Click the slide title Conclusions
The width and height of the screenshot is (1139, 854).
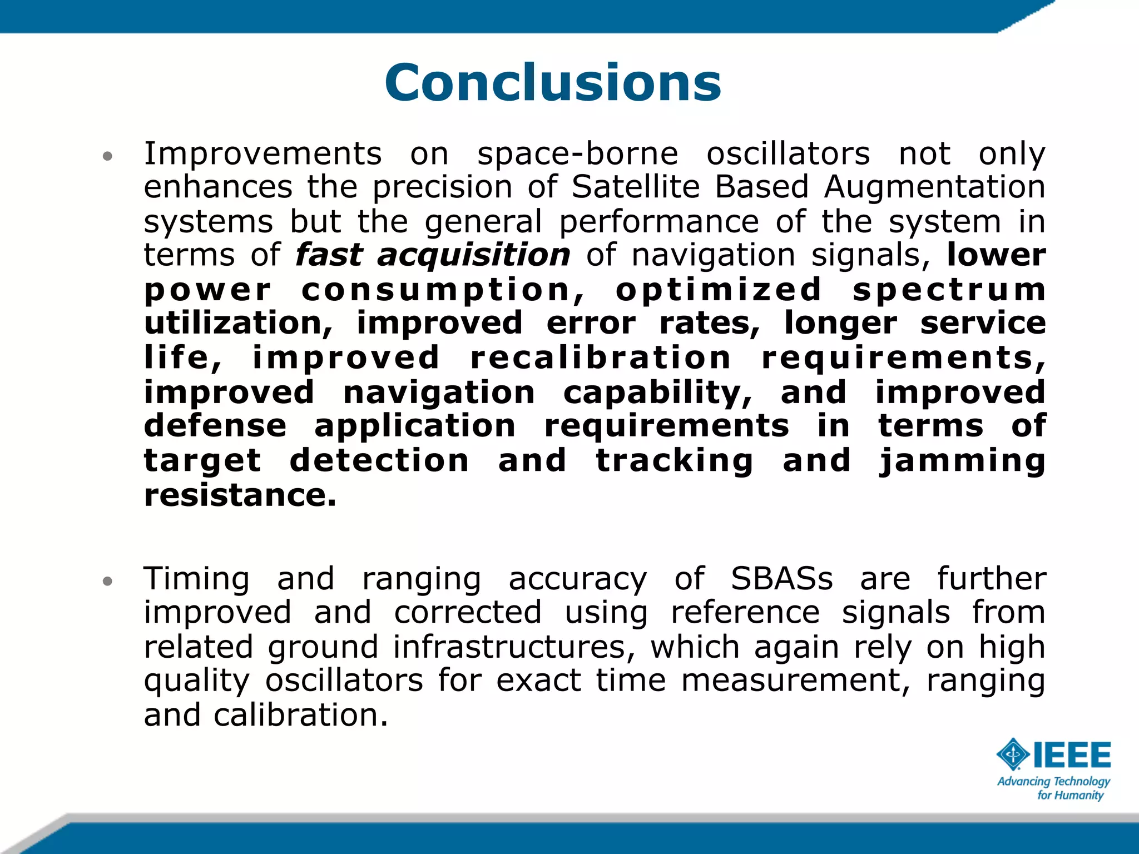click(553, 83)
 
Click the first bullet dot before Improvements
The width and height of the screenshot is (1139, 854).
click(108, 156)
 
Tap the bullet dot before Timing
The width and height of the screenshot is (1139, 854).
click(108, 582)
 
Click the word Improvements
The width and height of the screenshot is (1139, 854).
click(263, 153)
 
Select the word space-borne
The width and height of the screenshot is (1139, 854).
click(577, 155)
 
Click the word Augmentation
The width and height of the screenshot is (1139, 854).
click(934, 187)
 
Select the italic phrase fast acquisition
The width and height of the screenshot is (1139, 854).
click(433, 256)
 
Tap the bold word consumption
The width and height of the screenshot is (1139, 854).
click(443, 290)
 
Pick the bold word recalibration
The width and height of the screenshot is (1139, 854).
click(600, 358)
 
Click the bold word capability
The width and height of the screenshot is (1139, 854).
click(657, 393)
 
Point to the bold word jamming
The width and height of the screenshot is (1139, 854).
click(962, 461)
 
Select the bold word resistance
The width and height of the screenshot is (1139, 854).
click(240, 495)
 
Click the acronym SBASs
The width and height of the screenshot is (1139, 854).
click(781, 579)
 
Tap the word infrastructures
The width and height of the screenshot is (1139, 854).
click(514, 647)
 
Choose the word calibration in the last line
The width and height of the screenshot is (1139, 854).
click(300, 715)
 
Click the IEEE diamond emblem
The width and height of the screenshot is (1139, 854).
click(1013, 754)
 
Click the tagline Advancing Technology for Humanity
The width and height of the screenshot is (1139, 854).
click(1053, 788)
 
